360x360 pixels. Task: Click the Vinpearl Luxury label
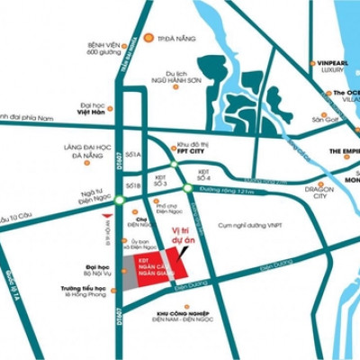(328, 67)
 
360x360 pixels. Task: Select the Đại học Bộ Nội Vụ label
(97, 272)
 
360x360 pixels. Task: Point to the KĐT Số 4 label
(203, 173)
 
